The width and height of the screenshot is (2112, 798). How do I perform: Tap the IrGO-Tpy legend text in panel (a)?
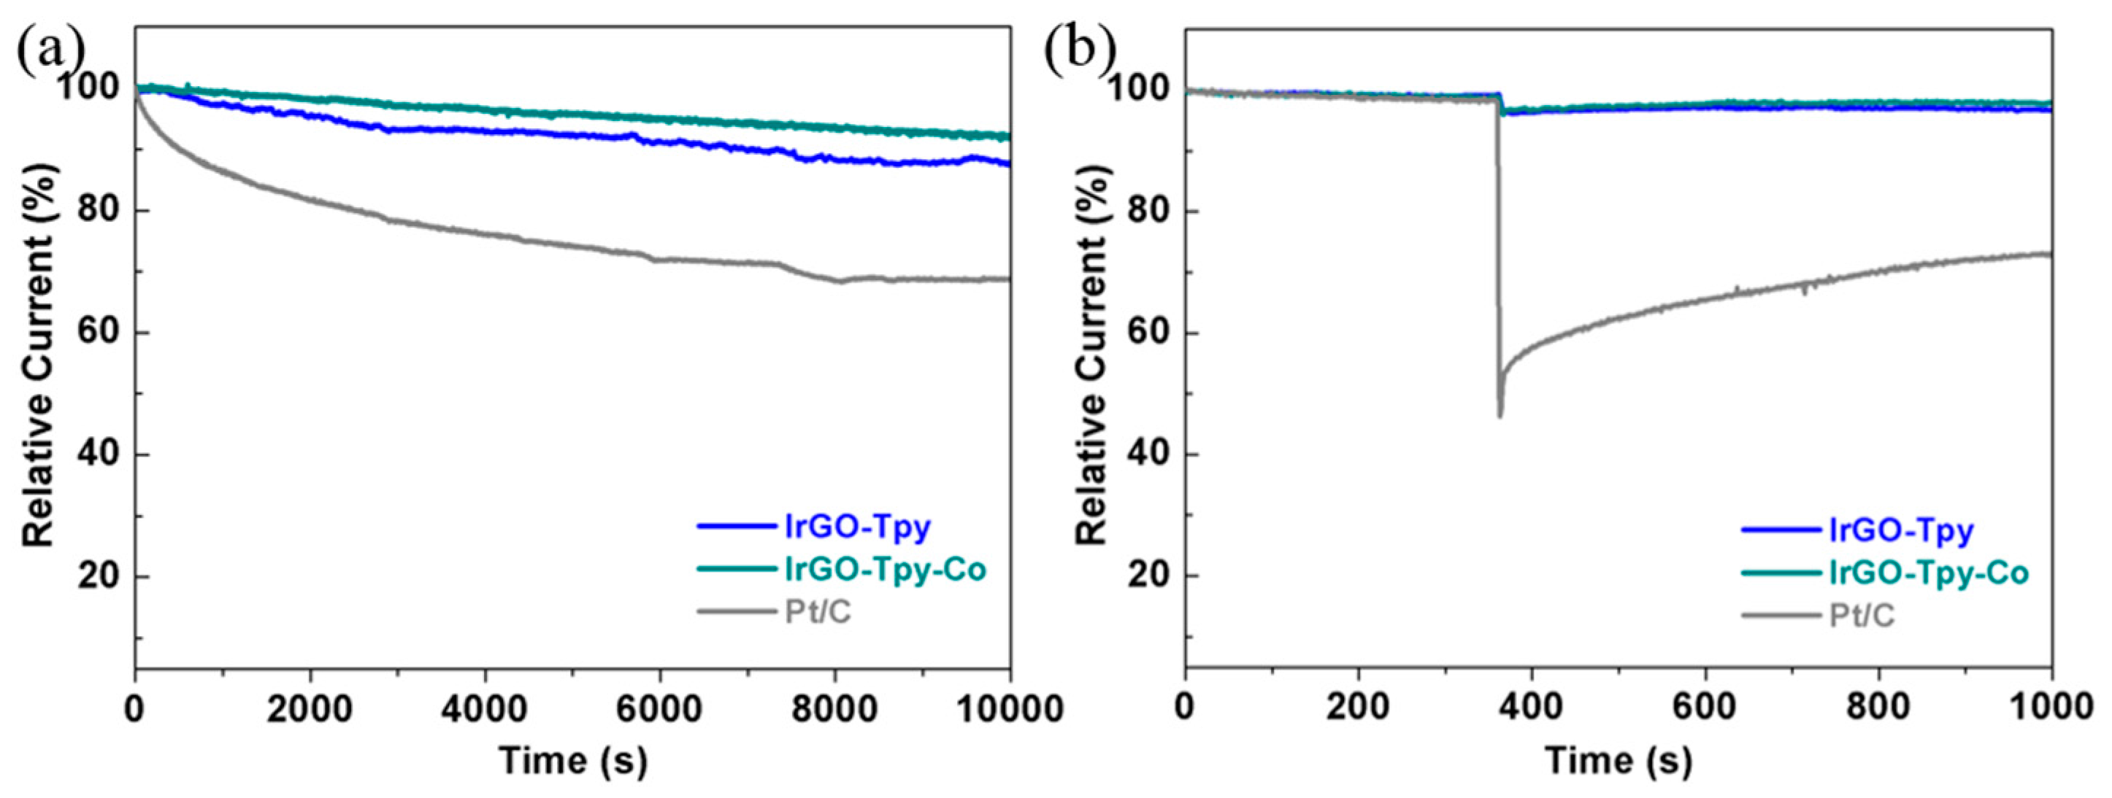(x=858, y=527)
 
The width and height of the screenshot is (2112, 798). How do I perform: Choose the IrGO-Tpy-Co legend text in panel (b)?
(x=1918, y=573)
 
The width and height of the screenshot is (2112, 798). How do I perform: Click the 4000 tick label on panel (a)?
(x=485, y=708)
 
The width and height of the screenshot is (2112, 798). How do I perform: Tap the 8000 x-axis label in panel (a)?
(x=834, y=708)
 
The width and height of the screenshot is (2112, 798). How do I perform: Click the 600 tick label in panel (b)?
(x=1705, y=708)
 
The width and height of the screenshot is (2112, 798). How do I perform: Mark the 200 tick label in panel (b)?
(x=1359, y=708)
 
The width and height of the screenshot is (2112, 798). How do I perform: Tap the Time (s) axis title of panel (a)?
(x=573, y=761)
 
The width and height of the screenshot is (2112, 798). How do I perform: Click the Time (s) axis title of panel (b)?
(x=1618, y=761)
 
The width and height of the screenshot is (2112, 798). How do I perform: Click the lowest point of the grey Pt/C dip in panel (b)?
(x=1500, y=417)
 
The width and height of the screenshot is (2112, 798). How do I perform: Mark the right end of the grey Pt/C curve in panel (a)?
(x=1008, y=279)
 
